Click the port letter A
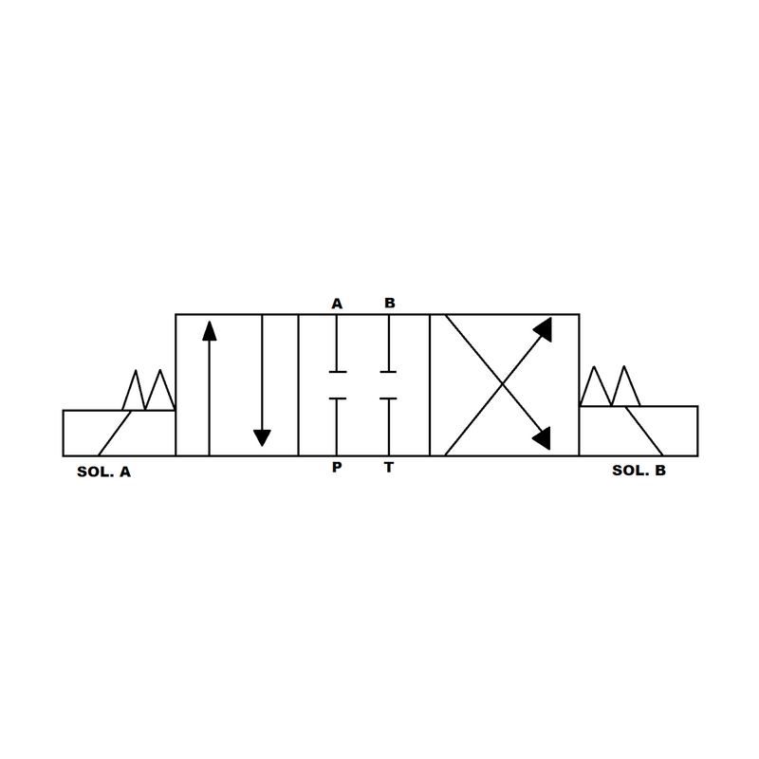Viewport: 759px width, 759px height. coord(337,304)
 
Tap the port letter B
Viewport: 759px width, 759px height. coord(389,304)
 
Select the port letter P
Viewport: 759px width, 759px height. coord(337,468)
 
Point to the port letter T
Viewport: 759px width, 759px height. coord(388,468)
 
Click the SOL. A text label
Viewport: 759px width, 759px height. coord(103,471)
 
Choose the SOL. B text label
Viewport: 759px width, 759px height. coord(639,469)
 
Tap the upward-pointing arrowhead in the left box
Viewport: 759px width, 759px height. coord(209,330)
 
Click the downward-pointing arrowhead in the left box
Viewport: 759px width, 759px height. coord(262,437)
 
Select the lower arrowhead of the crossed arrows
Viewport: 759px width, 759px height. coord(543,436)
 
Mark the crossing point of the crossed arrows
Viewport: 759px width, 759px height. coord(499,384)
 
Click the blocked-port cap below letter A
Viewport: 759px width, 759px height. coord(337,370)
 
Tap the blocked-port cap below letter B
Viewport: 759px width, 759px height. coord(388,370)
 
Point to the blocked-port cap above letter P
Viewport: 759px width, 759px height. coord(337,399)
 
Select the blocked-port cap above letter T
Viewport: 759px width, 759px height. coord(388,399)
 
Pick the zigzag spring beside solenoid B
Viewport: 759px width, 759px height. coord(611,387)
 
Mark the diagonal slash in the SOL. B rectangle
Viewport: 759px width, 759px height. coord(645,431)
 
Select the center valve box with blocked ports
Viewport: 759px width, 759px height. coord(363,384)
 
